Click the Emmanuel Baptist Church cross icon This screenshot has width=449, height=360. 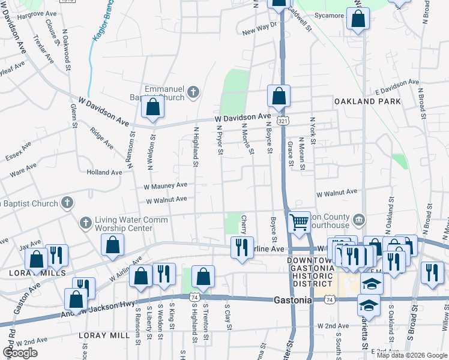pos(193,92)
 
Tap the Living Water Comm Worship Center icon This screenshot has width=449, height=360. pos(85,223)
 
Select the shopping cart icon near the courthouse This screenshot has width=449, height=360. pos(298,222)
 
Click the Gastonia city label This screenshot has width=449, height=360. pos(293,299)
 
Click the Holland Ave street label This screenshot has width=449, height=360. pos(104,172)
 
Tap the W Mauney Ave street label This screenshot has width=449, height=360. pos(166,186)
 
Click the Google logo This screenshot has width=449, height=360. pos(20,353)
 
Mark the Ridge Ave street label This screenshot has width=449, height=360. pos(101,138)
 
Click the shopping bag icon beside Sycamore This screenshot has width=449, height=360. pos(358,19)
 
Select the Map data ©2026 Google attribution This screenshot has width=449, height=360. pos(412,355)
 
